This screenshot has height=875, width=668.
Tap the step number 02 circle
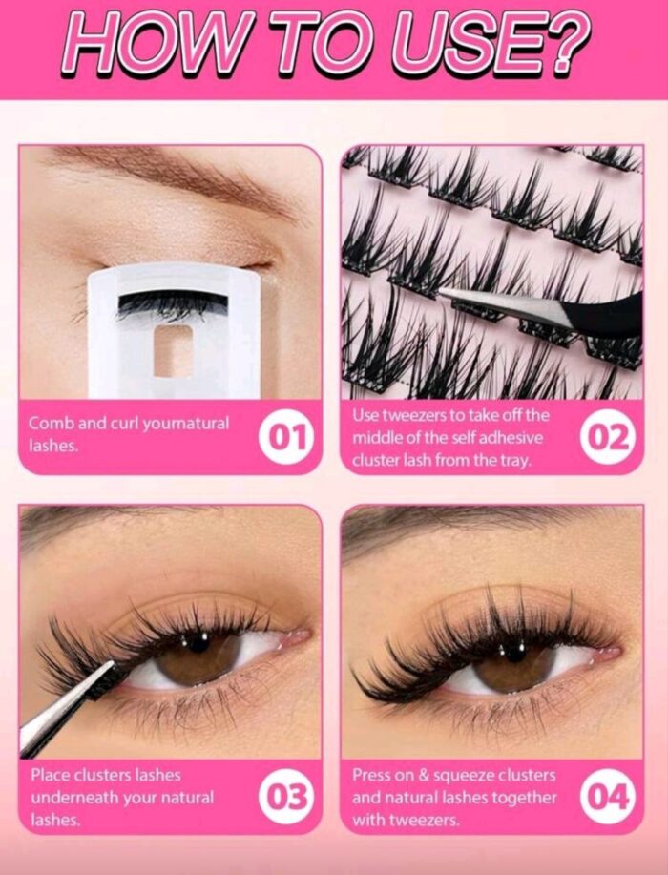coord(607,437)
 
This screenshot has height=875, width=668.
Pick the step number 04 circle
coord(607,797)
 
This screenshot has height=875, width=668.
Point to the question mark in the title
coord(568,41)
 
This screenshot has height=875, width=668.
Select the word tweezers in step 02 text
coord(407,416)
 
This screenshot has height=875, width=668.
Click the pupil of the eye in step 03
coord(198,642)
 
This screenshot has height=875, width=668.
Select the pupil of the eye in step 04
coord(514,651)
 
